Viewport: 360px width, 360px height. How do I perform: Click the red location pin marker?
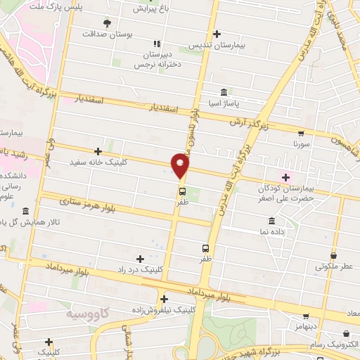181,165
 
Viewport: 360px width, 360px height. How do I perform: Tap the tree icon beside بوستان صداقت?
107,22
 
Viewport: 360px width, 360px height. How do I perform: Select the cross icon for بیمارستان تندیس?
217,34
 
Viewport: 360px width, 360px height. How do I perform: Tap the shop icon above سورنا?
302,132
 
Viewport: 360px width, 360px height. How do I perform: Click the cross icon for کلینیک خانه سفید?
98,151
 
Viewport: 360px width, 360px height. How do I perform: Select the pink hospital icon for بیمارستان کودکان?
285,175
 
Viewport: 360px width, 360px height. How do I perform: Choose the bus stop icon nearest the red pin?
182,191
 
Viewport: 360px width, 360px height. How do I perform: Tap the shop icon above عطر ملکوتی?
333,256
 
